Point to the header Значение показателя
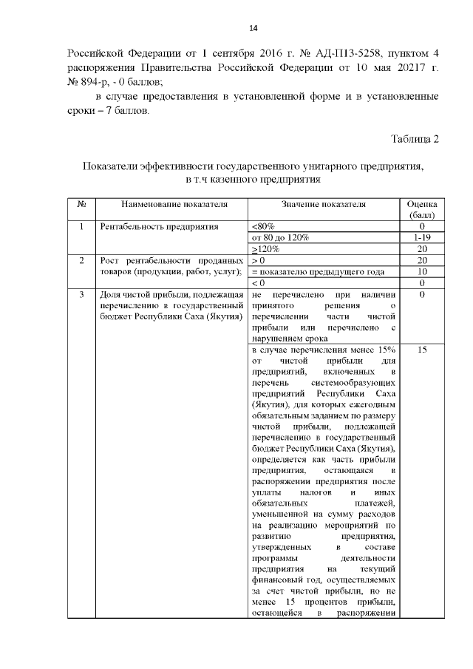[x=324, y=204]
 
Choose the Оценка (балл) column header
[x=421, y=209]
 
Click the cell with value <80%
[x=264, y=226]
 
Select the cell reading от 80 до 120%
[x=281, y=237]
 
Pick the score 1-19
[x=421, y=237]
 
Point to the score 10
[x=421, y=271]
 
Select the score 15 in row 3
[x=421, y=350]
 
